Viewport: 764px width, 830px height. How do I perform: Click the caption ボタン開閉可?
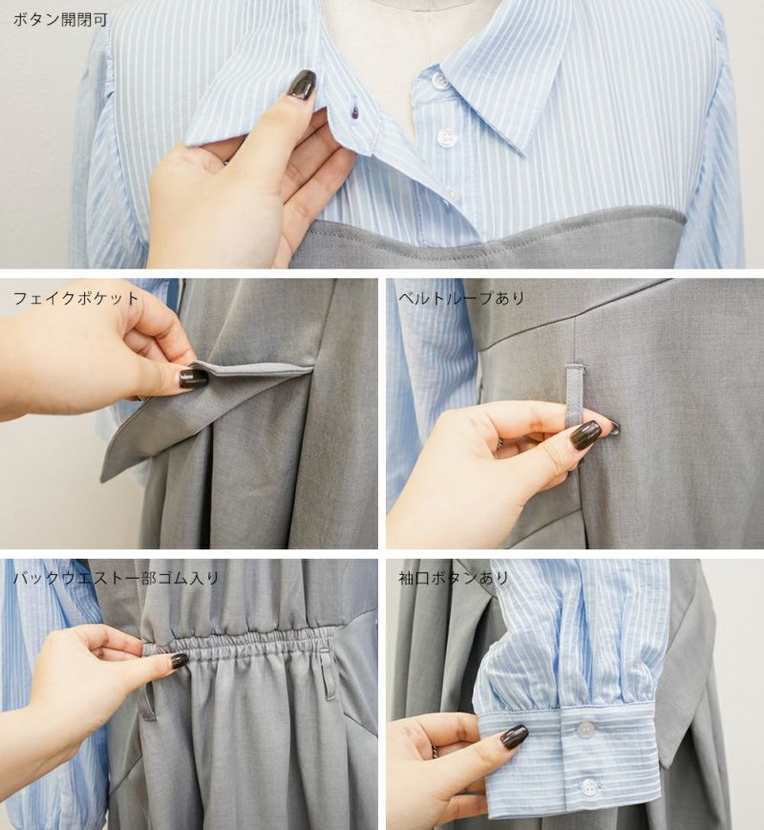click(60, 20)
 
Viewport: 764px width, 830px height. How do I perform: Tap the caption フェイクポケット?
click(75, 298)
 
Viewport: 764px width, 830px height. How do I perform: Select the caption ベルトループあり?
click(461, 298)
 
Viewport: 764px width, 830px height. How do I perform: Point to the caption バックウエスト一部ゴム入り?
click(116, 578)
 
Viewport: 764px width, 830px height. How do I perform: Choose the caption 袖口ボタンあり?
click(454, 578)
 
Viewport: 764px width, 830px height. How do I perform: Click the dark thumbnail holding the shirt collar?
click(302, 84)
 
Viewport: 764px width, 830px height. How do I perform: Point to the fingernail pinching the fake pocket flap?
click(193, 378)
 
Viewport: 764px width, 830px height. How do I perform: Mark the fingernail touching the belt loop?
click(586, 436)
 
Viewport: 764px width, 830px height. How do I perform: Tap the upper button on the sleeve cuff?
click(585, 730)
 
